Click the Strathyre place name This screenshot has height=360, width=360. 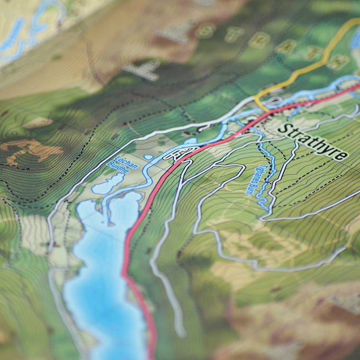tap(313, 142)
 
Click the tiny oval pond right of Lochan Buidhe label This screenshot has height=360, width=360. tap(148, 157)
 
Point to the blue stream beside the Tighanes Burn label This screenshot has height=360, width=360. tap(265, 180)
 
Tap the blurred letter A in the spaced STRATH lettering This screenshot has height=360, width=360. tap(285, 46)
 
